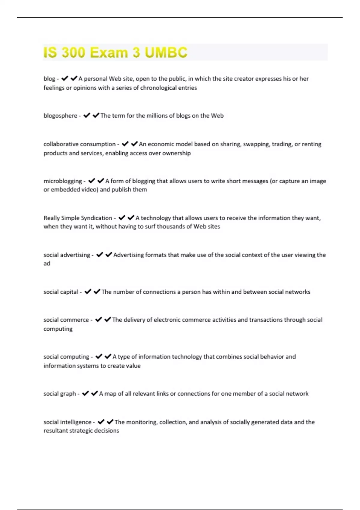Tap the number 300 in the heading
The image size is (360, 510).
coord(73,52)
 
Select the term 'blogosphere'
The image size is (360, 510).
coord(60,116)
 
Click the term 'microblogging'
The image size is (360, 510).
coord(63,181)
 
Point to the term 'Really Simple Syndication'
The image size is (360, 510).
coord(78,218)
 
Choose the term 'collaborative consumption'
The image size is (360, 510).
coord(79,144)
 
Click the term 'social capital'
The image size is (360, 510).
coord(61,292)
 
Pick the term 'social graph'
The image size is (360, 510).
coord(60,394)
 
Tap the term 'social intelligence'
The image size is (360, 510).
coord(67,422)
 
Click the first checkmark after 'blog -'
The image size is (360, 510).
coord(65,79)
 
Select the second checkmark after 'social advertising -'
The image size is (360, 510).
coord(109,255)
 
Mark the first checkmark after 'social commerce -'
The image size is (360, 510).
coord(98,320)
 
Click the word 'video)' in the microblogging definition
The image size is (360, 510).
coord(90,190)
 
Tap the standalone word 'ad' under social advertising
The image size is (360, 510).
coord(47,264)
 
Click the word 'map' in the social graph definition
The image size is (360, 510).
coord(110,394)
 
